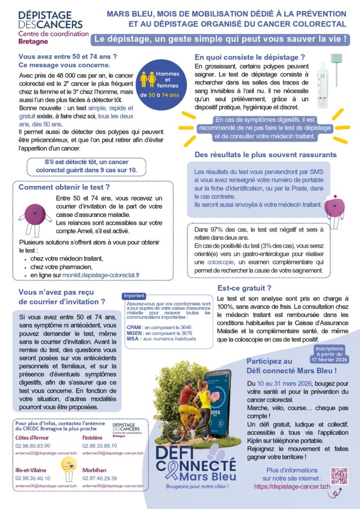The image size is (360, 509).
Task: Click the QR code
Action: click(x=340, y=476)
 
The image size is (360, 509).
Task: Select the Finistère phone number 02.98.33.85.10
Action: click(x=99, y=446)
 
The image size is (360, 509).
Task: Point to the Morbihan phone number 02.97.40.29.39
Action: click(x=99, y=478)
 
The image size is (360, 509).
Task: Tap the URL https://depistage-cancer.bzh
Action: click(x=292, y=487)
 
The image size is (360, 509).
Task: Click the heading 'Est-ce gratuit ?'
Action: click(x=244, y=288)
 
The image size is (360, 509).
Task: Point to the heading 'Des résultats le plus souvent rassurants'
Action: click(x=266, y=155)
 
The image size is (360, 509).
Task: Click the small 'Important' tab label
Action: click(x=134, y=295)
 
